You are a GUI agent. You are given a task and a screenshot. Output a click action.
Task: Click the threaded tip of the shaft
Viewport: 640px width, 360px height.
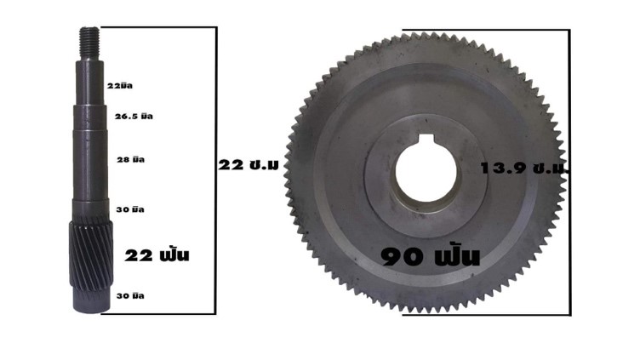point(89,44)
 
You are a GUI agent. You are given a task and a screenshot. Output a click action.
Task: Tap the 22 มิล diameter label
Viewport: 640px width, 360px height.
point(120,86)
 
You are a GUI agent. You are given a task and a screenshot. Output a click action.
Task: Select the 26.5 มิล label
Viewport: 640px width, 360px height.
point(134,117)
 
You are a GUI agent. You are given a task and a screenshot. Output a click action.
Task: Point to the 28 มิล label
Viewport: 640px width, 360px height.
point(130,160)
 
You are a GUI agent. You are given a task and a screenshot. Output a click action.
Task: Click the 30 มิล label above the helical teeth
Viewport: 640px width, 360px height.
point(130,210)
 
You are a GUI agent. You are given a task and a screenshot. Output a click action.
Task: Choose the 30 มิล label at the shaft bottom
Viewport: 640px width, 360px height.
point(130,296)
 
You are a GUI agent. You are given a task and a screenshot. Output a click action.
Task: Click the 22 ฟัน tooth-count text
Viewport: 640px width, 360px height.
point(157,255)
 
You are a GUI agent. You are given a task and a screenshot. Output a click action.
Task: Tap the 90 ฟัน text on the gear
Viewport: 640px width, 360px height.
point(431,257)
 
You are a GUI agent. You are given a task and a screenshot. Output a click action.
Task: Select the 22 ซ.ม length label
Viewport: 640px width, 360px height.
point(249,165)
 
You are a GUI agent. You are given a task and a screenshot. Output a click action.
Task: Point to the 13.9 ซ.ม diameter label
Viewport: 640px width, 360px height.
point(524,169)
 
